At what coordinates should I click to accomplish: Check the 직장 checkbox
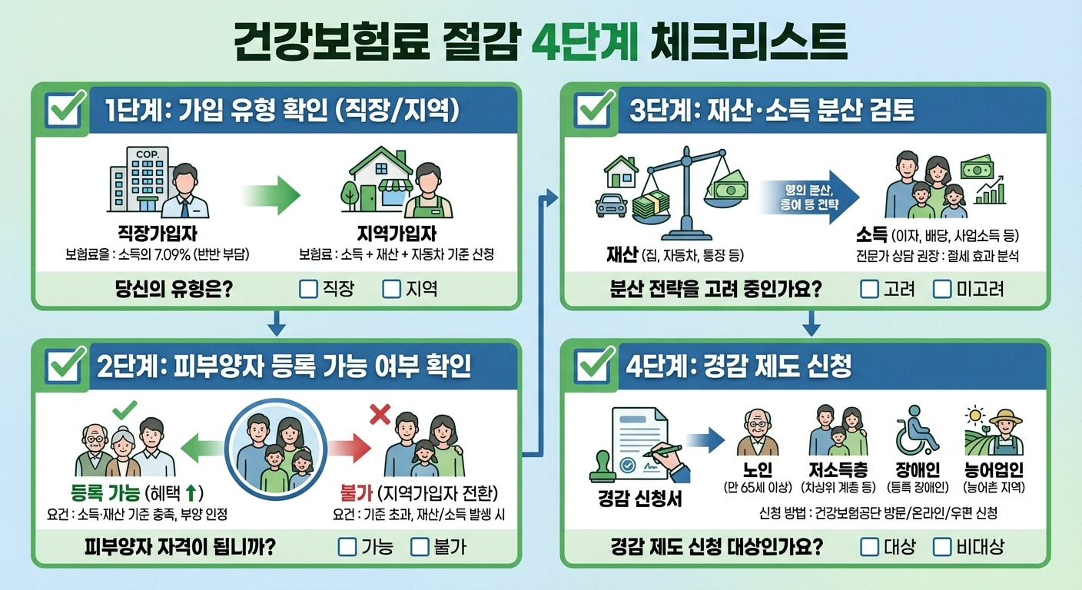pos(308,289)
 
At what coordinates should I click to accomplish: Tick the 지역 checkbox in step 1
pos(392,289)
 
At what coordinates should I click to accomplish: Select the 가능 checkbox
pos(348,547)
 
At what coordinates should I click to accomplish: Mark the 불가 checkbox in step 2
pos(420,547)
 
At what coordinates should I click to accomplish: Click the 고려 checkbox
pos(869,289)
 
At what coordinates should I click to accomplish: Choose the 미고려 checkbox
pos(942,289)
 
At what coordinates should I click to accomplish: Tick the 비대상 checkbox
pos(942,547)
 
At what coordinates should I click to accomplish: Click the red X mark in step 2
pos(380,415)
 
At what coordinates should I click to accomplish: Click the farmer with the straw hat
pos(1004,433)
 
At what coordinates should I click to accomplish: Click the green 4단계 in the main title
pos(586,42)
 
